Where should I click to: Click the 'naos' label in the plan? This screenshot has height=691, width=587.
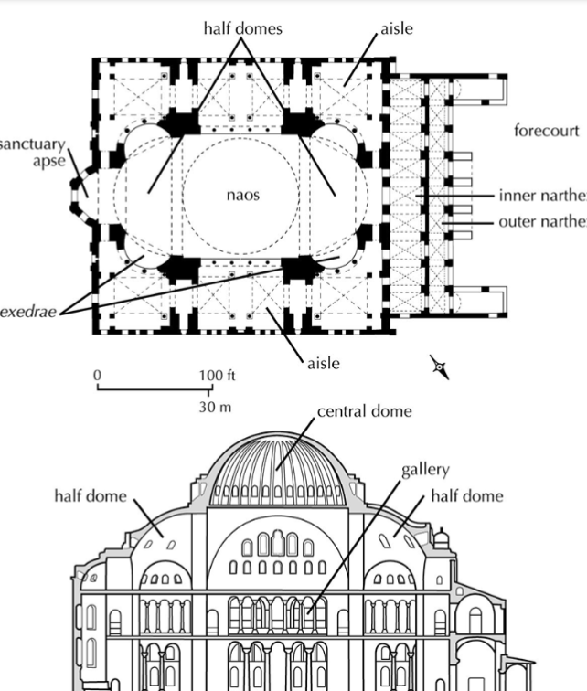point(243,194)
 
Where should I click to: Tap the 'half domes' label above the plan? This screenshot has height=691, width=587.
point(242,29)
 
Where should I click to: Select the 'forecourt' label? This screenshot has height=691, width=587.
point(546,131)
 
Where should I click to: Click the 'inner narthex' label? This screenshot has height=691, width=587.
point(542,196)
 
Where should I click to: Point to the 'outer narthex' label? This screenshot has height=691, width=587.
point(542,222)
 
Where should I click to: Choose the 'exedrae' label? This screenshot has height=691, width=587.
point(28,312)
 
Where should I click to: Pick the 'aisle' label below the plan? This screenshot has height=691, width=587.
point(323,363)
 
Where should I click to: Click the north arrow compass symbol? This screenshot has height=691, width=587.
point(440,368)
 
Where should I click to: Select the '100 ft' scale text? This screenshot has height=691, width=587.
point(218,375)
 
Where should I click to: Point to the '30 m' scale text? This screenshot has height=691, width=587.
point(215,407)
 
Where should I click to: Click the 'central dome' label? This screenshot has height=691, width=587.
point(364,410)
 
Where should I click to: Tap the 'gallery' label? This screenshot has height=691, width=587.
point(425,470)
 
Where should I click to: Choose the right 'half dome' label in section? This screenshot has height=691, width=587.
point(466,495)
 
